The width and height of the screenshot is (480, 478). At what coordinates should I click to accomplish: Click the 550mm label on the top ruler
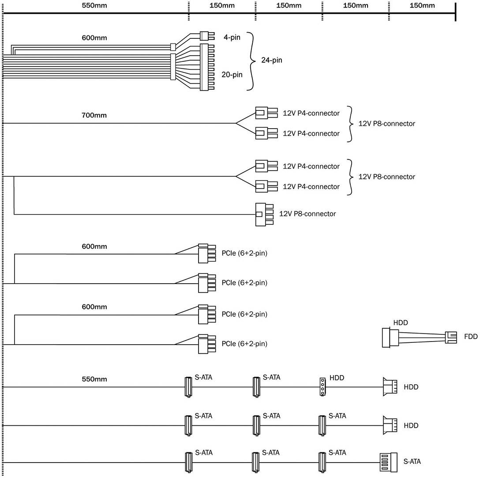pyautogui.click(x=94, y=5)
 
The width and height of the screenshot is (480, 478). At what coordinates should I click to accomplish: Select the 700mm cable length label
pyautogui.click(x=94, y=116)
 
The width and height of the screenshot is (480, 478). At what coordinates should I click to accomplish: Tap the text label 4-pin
pyautogui.click(x=232, y=37)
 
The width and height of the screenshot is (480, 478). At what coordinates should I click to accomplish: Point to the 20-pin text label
pyautogui.click(x=232, y=75)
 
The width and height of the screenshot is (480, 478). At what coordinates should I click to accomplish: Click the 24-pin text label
pyautogui.click(x=271, y=60)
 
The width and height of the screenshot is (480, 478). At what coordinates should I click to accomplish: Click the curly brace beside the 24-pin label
pyautogui.click(x=251, y=61)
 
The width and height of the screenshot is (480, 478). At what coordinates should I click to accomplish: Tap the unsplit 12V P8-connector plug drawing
pyautogui.click(x=264, y=214)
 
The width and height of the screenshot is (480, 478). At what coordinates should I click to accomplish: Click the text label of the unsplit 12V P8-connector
pyautogui.click(x=307, y=214)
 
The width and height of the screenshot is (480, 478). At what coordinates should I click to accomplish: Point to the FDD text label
pyautogui.click(x=471, y=337)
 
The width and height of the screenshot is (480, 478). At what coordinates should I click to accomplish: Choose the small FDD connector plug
pyautogui.click(x=451, y=337)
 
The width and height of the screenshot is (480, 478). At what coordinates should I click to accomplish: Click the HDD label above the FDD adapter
pyautogui.click(x=400, y=323)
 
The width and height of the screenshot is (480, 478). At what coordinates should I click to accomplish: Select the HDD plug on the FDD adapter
pyautogui.click(x=390, y=337)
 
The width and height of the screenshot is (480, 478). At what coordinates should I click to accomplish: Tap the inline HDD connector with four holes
pyautogui.click(x=322, y=387)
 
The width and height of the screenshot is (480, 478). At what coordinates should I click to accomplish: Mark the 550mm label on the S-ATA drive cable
pyautogui.click(x=94, y=379)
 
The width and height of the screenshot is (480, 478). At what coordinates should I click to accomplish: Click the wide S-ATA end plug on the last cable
pyautogui.click(x=389, y=463)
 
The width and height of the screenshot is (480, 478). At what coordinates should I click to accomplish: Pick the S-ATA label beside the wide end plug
pyautogui.click(x=412, y=462)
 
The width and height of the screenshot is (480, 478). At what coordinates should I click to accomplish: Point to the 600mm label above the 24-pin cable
pyautogui.click(x=94, y=38)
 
